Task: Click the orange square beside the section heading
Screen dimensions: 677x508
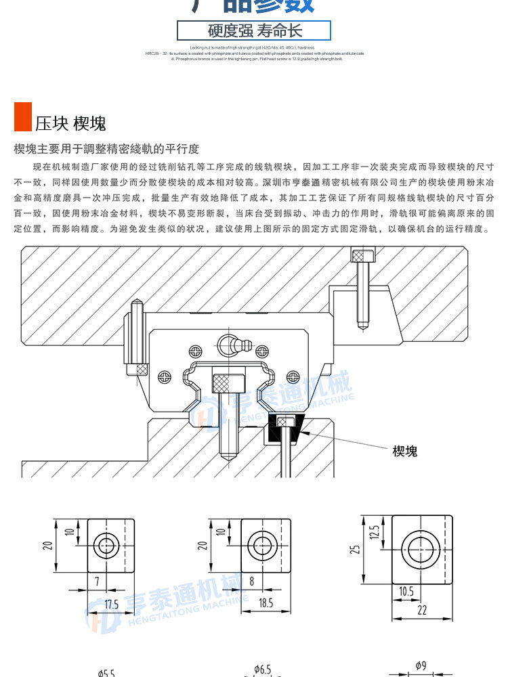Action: point(23,116)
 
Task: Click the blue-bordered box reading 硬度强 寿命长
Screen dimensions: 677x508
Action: point(254,31)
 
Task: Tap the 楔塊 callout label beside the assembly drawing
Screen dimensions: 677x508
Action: point(405,451)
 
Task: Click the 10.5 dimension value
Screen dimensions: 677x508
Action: point(406,591)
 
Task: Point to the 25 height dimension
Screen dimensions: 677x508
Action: point(354,549)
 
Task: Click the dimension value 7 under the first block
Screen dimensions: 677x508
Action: point(97,581)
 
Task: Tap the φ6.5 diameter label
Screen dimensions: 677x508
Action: point(262,670)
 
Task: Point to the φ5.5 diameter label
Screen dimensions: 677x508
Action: point(106,672)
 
